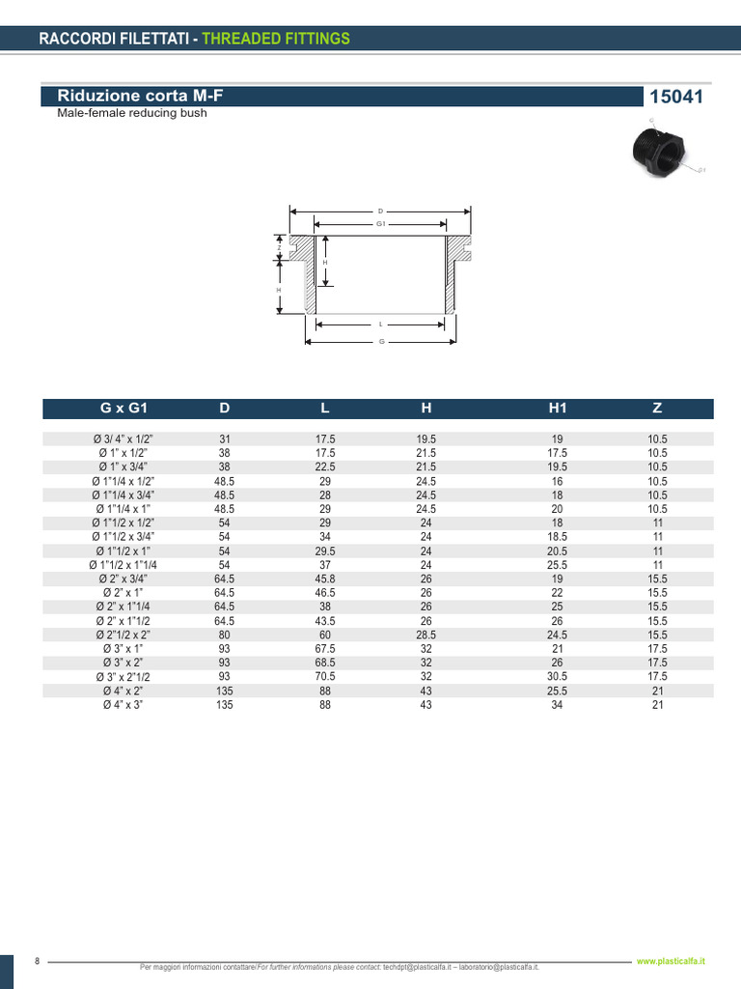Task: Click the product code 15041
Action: [676, 97]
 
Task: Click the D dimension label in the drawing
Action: [381, 211]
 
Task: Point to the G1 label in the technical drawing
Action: [381, 223]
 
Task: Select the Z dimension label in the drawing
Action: [279, 247]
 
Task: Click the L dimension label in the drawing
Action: [381, 325]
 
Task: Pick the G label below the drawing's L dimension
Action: [381, 342]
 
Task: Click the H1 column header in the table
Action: [558, 409]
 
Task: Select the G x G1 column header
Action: [123, 409]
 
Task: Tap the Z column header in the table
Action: [657, 409]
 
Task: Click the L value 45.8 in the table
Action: [325, 579]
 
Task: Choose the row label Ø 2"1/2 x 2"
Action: [123, 636]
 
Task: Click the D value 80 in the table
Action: [225, 636]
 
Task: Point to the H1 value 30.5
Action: [558, 677]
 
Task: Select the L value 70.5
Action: [325, 677]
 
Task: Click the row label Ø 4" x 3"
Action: [123, 705]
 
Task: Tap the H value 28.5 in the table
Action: [425, 636]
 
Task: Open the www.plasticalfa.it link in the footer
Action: [672, 961]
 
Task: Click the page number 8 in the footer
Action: [37, 961]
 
